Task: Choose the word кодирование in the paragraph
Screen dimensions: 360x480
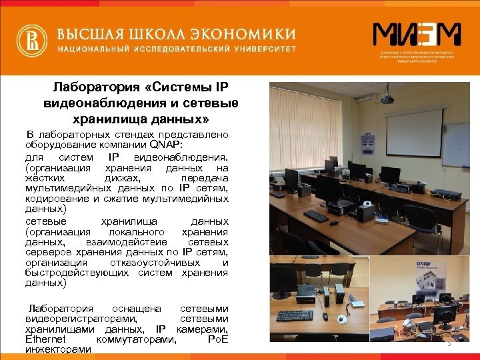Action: click(55, 199)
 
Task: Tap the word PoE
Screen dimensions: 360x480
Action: click(218, 339)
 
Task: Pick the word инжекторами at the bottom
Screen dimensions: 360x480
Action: click(58, 349)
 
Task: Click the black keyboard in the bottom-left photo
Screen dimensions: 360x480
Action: click(294, 315)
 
